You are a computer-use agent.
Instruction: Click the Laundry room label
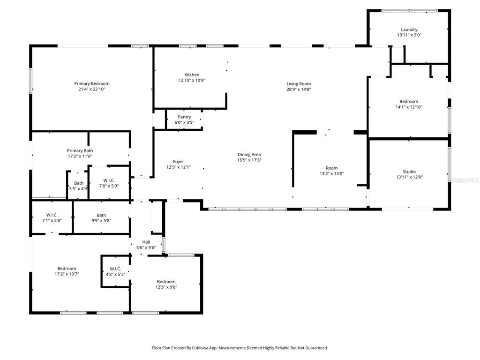[x=409, y=30]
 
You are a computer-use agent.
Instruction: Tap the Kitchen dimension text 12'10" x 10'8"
[x=191, y=80]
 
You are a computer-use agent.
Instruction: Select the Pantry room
[x=184, y=120]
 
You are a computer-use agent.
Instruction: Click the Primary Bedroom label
[x=92, y=83]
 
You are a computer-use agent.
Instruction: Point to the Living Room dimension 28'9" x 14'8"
[x=299, y=89]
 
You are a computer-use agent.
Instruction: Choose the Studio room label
[x=409, y=172]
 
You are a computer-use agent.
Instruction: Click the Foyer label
[x=178, y=162]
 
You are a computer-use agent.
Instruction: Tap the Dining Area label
[x=249, y=154]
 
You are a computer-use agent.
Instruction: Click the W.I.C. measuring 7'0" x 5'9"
[x=109, y=183]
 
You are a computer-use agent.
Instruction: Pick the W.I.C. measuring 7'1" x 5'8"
[x=52, y=217]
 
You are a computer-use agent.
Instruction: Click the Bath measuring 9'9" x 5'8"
[x=101, y=217]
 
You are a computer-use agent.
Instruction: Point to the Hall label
[x=146, y=242]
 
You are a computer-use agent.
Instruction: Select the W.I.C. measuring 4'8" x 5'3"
[x=115, y=271]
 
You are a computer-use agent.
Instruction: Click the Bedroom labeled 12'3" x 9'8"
[x=166, y=284]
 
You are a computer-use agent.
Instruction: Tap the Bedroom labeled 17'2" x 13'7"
[x=66, y=271]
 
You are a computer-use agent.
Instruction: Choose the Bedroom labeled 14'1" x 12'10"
[x=408, y=104]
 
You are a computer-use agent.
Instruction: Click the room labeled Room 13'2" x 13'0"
[x=331, y=171]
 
